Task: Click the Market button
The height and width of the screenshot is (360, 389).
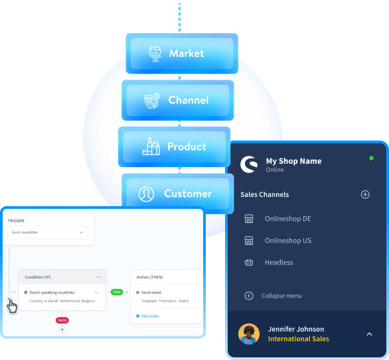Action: coord(181,53)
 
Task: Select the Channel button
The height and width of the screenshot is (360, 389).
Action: coord(177,100)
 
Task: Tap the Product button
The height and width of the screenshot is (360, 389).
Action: coord(174,147)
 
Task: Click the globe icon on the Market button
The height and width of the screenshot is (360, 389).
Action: coord(154,53)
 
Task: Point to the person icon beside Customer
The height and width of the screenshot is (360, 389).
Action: coord(146,194)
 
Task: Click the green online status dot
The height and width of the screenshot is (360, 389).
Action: coord(371,158)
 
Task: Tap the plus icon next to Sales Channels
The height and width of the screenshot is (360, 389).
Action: coord(364,194)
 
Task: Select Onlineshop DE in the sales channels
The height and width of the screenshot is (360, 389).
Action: coord(287,219)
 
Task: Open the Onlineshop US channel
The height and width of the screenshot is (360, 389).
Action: coord(287,241)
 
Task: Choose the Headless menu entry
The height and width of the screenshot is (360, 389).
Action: coord(279,263)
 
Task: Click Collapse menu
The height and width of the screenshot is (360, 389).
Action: coord(281,296)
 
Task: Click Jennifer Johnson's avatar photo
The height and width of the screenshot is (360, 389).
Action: coord(249,333)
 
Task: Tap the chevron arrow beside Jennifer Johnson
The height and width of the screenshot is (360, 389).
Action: coord(369,334)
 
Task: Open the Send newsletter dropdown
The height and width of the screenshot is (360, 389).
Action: coord(48,233)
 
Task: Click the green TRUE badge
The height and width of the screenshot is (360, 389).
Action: coord(117,292)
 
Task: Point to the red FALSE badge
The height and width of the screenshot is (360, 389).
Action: coord(62,320)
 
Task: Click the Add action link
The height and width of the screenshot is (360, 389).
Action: coord(149,316)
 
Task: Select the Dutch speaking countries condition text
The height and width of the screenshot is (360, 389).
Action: coord(52,292)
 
